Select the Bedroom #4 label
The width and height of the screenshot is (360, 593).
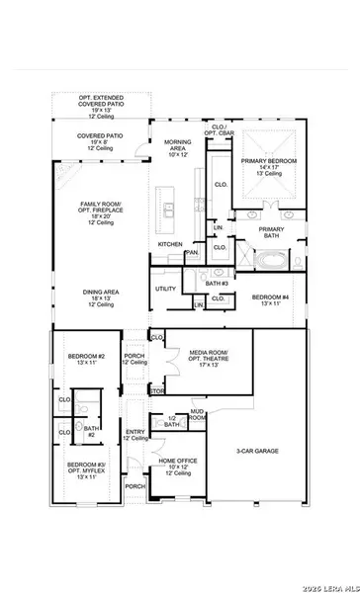(269, 300)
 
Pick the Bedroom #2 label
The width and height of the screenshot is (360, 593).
(86, 360)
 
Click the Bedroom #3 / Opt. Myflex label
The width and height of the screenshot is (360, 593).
(86, 469)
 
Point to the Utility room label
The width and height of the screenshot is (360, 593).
(164, 290)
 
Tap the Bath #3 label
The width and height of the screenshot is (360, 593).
(218, 284)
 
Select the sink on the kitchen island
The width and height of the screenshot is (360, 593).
(170, 210)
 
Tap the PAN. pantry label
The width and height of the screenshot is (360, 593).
(192, 252)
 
